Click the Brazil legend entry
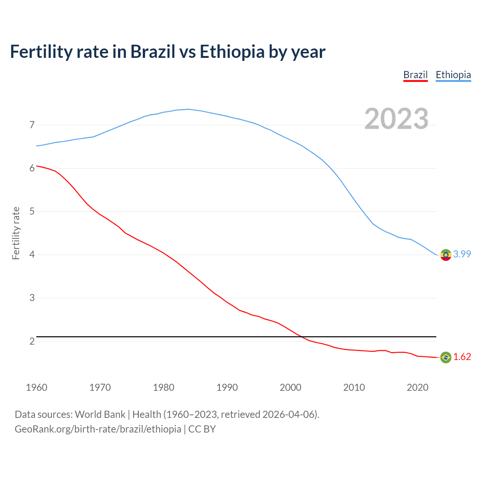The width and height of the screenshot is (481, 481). click(x=415, y=75)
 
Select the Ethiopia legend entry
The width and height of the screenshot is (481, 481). click(x=453, y=75)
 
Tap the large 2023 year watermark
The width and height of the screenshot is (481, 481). click(x=396, y=119)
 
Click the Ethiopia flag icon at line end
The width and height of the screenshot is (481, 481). click(x=446, y=255)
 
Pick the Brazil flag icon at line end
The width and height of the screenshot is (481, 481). click(x=446, y=357)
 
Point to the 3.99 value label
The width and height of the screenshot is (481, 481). click(x=462, y=254)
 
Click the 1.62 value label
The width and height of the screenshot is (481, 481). click(x=462, y=357)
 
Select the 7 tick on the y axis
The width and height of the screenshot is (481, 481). click(x=32, y=125)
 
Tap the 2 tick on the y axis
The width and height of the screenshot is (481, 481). click(x=32, y=341)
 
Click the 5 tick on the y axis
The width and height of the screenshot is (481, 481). click(x=32, y=212)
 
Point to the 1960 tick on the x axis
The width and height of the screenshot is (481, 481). click(x=36, y=387)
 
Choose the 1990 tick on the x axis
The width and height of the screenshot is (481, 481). click(x=227, y=387)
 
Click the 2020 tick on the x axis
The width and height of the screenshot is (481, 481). click(x=417, y=387)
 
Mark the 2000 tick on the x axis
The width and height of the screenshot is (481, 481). click(x=290, y=387)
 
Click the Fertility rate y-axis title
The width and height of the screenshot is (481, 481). click(x=16, y=233)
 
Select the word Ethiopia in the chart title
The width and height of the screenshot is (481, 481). click(x=232, y=52)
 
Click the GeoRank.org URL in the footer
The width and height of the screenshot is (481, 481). click(x=98, y=429)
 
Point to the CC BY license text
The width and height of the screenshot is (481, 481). click(x=202, y=429)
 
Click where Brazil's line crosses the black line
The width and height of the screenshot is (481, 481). click(x=301, y=337)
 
